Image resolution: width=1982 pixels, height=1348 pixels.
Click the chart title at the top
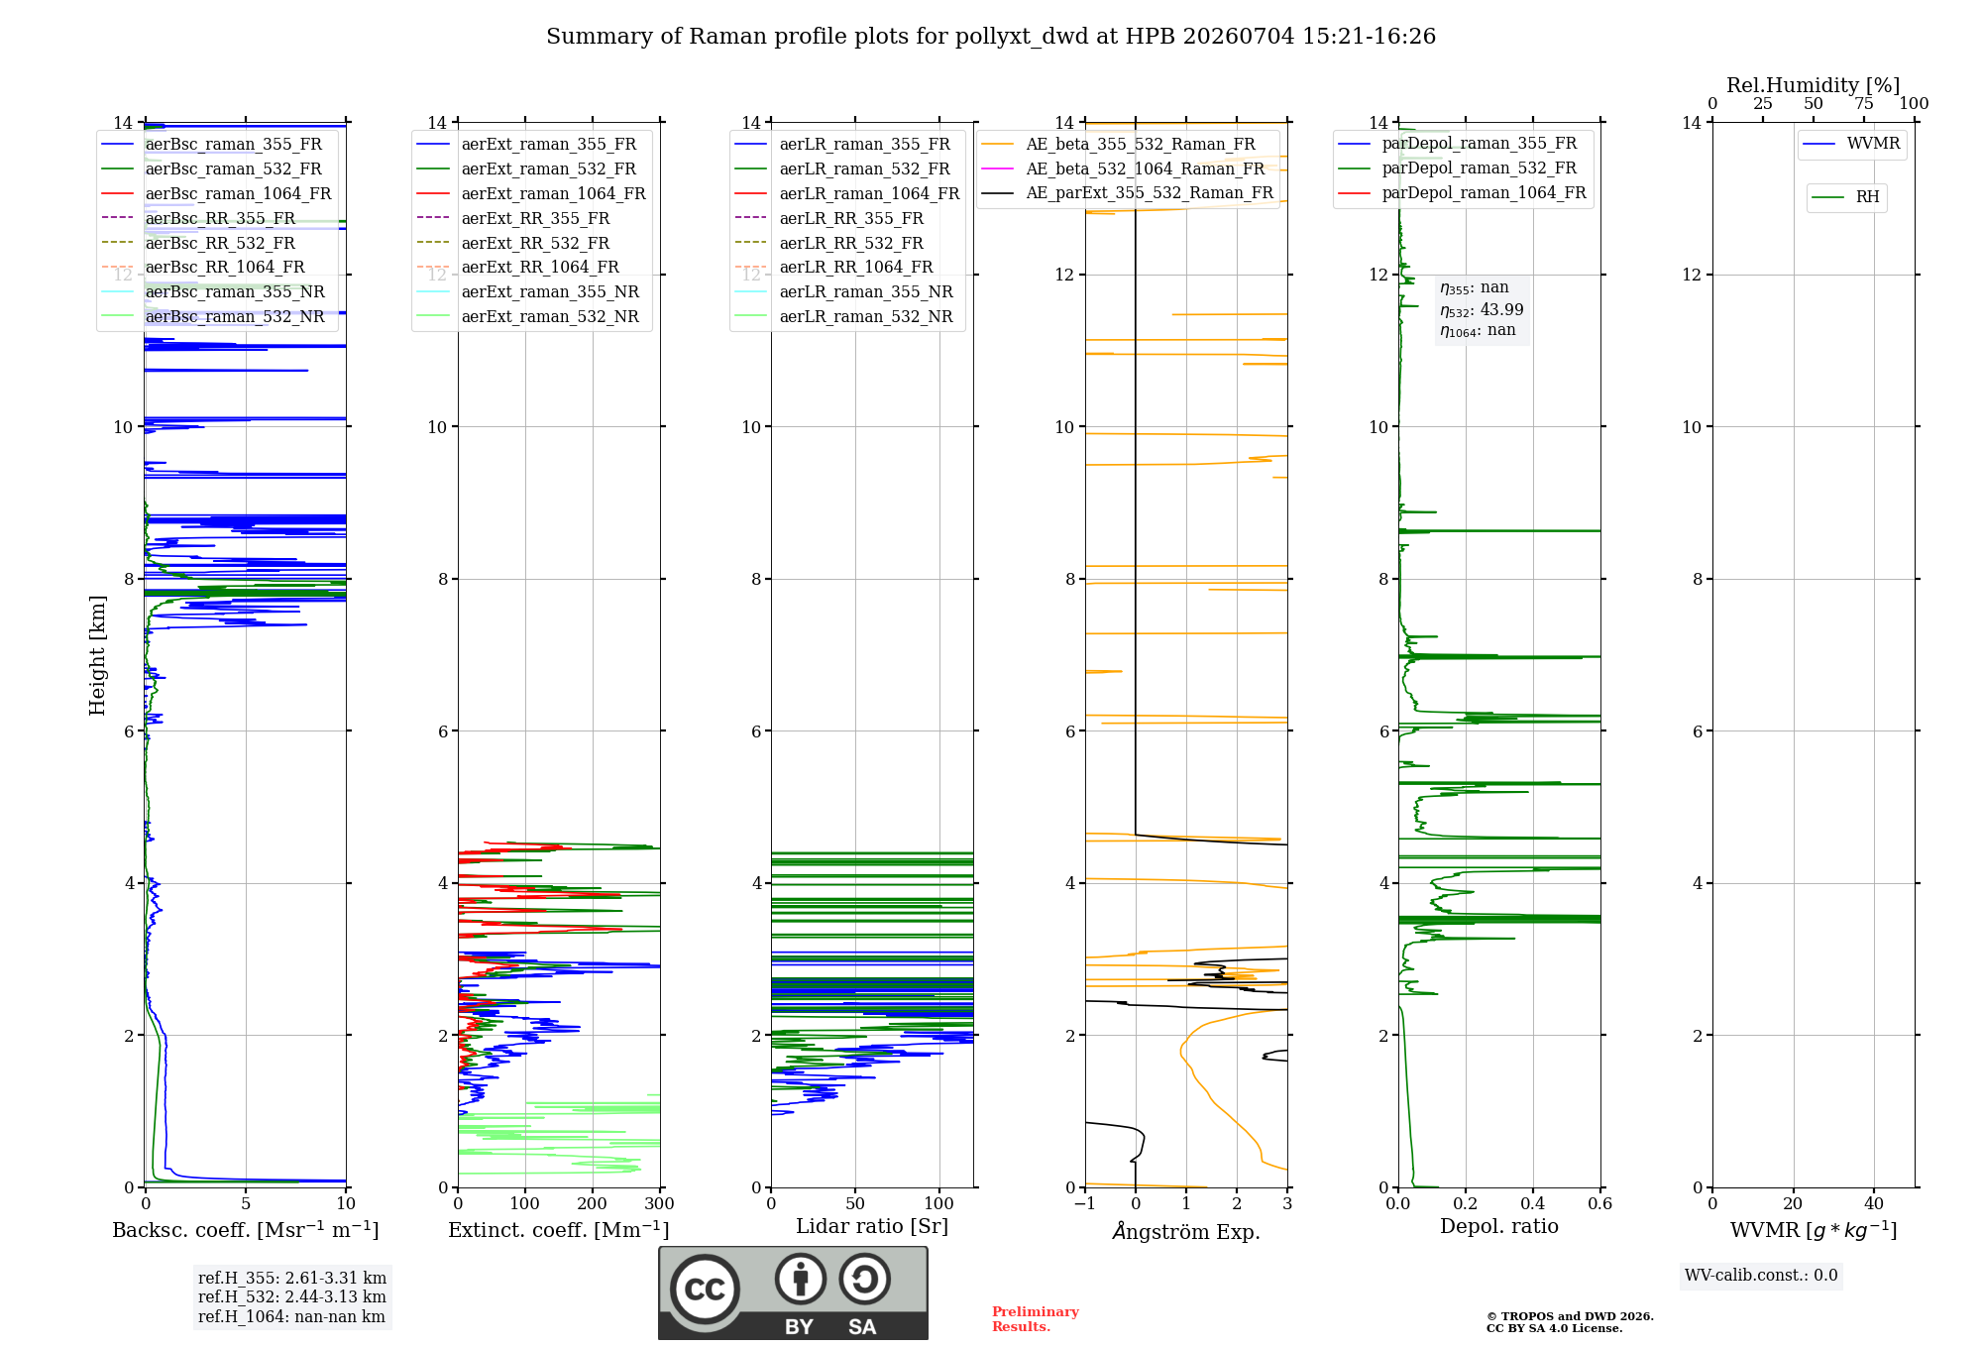[991, 37]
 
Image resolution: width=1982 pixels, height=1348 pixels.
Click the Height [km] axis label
[97, 655]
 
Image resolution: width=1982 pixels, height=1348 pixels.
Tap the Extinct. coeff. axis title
[559, 1230]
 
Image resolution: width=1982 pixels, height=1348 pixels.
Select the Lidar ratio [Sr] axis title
[872, 1226]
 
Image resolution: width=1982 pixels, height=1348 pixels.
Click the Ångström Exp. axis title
[1186, 1230]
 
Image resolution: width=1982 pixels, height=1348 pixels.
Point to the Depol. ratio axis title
[1499, 1226]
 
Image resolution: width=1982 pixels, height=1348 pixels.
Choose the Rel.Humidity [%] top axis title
[1814, 85]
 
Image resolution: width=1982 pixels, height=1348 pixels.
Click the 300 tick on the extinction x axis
[660, 1204]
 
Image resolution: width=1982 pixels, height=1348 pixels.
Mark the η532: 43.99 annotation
[1482, 309]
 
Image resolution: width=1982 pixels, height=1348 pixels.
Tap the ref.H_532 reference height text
[292, 1296]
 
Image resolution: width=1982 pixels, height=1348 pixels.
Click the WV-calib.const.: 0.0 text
[1761, 1276]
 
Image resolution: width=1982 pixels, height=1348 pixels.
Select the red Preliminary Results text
[1036, 1319]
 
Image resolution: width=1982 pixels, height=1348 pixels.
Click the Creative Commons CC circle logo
[705, 1290]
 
